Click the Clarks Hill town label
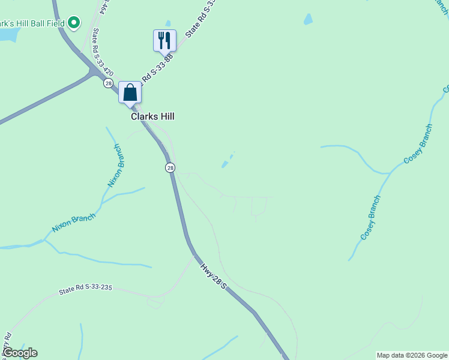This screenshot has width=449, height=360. click(152, 116)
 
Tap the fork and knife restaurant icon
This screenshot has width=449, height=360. click(164, 40)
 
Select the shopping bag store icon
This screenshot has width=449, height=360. click(130, 92)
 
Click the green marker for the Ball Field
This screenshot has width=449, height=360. click(74, 23)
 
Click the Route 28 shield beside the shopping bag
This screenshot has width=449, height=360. click(107, 82)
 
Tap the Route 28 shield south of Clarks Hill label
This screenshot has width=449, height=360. click(170, 168)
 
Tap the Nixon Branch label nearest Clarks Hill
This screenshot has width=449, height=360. click(115, 166)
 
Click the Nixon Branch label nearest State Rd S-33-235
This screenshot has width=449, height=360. click(73, 223)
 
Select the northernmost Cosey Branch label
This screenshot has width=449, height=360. click(418, 144)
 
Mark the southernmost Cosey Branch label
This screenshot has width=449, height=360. click(370, 218)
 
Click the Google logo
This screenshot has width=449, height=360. click(20, 353)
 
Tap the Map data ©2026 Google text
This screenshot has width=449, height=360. click(412, 355)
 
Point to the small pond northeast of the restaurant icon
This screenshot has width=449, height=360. click(308, 19)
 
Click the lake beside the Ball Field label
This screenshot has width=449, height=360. click(8, 35)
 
